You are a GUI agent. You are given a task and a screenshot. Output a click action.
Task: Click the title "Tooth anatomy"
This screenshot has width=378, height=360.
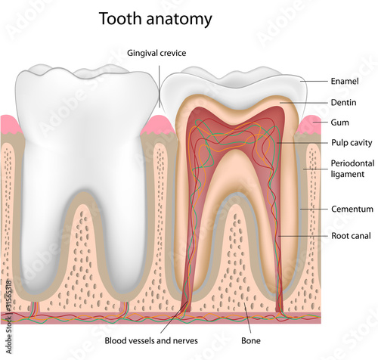[156, 19]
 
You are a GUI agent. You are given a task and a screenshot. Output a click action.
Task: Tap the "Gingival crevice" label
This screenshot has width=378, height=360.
[156, 53]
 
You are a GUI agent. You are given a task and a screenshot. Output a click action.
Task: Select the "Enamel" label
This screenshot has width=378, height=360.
[345, 81]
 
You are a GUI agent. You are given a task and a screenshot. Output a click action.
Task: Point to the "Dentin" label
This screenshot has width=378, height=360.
[343, 103]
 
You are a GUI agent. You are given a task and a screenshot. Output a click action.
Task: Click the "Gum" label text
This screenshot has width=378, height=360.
[339, 123]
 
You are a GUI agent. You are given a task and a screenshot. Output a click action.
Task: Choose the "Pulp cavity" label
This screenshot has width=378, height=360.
[352, 143]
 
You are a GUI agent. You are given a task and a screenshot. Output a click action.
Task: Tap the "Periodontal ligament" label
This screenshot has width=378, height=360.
[352, 169]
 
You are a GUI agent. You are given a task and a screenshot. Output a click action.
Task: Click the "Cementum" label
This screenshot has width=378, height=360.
[352, 209]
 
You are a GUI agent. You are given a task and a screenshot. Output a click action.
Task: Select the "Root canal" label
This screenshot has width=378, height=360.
[351, 236]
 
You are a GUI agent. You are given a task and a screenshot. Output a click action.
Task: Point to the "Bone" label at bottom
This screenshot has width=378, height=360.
[251, 340]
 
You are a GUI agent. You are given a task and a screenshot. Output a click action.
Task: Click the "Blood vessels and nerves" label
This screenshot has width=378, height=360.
[151, 340]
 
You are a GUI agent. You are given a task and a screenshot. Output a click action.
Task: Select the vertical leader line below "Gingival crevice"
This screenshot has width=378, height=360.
[160, 87]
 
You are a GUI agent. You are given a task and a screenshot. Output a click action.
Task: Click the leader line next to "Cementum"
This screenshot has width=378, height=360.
[314, 209]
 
